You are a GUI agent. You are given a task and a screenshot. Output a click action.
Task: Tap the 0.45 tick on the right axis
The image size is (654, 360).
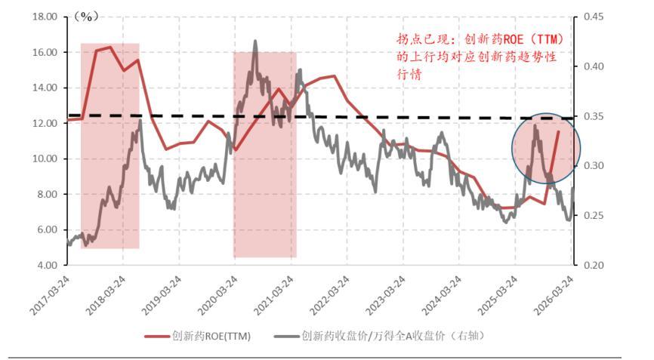point(591,17)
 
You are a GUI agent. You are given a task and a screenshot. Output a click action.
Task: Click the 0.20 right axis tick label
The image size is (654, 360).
point(591,266)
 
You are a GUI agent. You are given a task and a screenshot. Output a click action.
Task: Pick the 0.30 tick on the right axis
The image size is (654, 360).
point(591,166)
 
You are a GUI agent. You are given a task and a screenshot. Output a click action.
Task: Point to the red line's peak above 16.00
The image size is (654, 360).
point(110,47)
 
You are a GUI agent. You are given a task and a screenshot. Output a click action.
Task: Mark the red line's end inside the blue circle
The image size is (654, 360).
point(559,131)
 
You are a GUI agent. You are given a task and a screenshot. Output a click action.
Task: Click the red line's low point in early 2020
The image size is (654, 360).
point(236,150)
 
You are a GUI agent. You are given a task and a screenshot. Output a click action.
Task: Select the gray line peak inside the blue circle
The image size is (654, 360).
point(535,126)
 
